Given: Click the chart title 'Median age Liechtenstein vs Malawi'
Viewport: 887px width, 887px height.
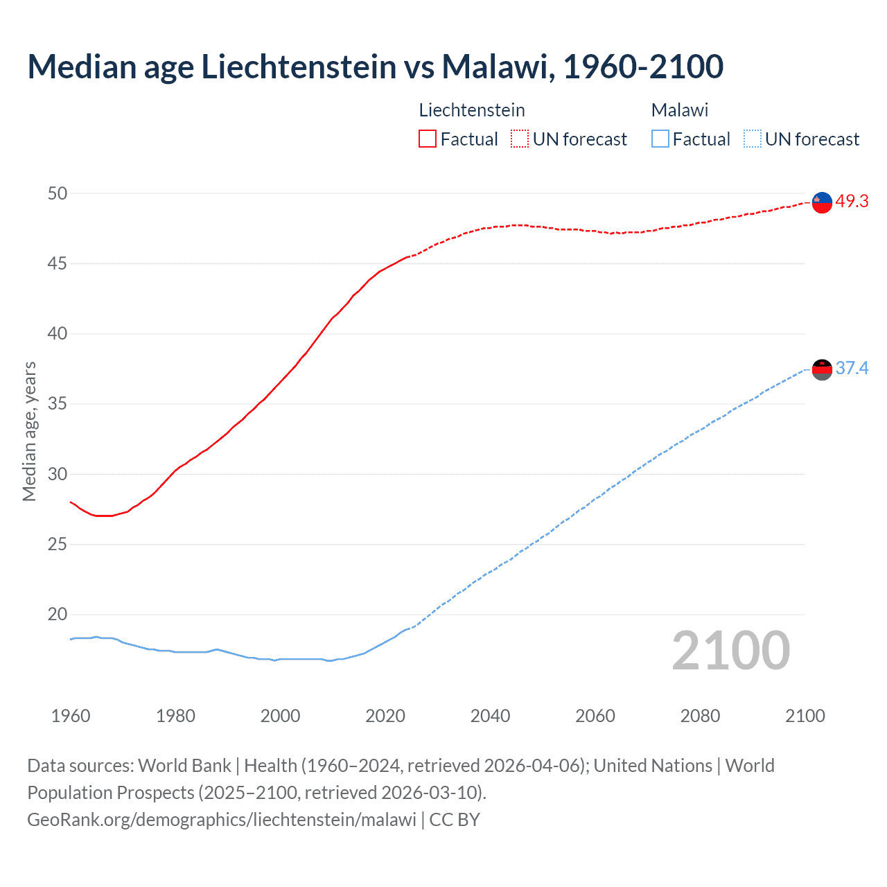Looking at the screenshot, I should tap(375, 67).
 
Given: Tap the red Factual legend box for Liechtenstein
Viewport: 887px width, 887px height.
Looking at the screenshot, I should tap(428, 139).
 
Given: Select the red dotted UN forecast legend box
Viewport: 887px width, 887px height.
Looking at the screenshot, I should tap(520, 139).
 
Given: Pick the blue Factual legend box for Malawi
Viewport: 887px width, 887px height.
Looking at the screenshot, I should tap(660, 139).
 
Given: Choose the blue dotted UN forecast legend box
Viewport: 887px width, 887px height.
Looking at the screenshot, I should tap(752, 139).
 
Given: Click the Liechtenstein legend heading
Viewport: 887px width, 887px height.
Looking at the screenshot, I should tap(472, 110).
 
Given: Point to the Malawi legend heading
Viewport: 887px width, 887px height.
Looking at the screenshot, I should tap(680, 110).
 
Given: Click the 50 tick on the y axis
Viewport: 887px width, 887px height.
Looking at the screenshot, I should tap(58, 193).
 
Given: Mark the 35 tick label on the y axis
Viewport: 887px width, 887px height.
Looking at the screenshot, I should tap(58, 404).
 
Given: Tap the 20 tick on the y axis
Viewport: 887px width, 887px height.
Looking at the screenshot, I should tap(58, 615).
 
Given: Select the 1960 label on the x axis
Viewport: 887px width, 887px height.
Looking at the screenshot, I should tap(71, 716).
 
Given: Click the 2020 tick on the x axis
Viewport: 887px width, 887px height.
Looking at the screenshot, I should tap(385, 716).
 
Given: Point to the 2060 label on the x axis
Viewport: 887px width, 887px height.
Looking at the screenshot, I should tap(595, 716).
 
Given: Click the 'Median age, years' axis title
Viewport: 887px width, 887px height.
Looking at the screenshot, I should tap(29, 431).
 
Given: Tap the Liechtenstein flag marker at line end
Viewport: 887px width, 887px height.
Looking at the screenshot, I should tap(822, 202).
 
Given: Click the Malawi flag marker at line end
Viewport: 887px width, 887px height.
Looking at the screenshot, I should tap(822, 370).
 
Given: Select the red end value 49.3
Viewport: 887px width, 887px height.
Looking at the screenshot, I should tap(852, 202).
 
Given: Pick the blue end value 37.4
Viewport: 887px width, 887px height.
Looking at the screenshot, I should tap(852, 369).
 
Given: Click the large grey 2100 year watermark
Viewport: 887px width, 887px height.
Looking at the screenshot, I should tap(730, 651).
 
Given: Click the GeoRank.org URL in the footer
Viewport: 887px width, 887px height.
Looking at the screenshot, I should tap(222, 820).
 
